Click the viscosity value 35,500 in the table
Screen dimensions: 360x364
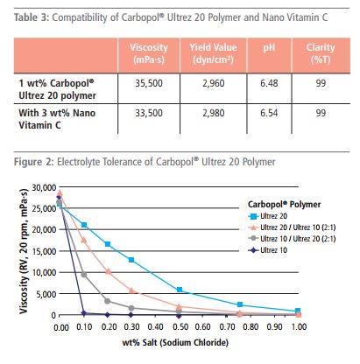(149, 83)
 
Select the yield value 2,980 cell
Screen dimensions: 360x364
(214, 113)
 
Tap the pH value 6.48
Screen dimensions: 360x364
(269, 83)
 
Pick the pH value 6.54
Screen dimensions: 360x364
(269, 113)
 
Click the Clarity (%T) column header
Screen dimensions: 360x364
(321, 53)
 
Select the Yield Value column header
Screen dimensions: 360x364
(213, 53)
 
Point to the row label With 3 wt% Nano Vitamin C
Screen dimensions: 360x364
(57, 119)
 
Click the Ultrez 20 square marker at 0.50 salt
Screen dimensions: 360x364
(180, 290)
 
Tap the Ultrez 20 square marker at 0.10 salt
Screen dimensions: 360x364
(84, 225)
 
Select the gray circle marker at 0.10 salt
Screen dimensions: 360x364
(84, 275)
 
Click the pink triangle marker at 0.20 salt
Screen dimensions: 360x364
(108, 271)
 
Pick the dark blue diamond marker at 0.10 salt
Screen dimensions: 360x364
(84, 313)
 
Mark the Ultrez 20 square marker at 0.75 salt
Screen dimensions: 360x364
(240, 304)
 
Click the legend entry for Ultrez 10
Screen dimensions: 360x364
(268, 250)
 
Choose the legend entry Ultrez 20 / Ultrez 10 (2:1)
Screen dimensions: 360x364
(292, 227)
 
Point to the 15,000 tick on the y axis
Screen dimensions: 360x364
(44, 251)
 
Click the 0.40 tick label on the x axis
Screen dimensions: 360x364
(156, 326)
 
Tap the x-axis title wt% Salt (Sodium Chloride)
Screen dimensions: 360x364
(175, 342)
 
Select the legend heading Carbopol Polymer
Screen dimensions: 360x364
(284, 205)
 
